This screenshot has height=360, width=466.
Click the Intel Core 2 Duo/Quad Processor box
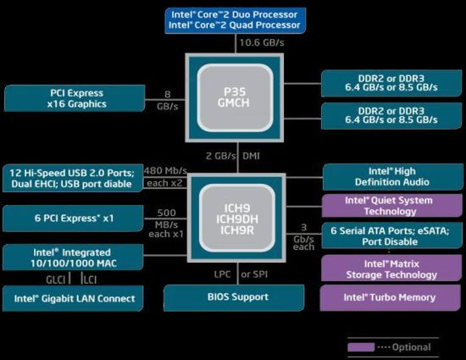(x=236, y=20)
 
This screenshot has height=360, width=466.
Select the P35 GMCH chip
(x=235, y=97)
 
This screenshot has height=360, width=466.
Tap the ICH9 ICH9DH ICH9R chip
(x=236, y=219)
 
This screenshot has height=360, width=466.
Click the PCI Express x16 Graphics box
(x=75, y=98)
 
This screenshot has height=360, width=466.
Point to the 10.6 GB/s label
(x=262, y=42)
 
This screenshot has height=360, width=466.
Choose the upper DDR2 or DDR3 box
(x=391, y=83)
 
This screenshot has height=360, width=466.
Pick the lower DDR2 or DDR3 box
(x=391, y=116)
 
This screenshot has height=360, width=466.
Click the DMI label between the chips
(x=251, y=156)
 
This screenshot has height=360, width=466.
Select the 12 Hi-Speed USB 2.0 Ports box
(x=73, y=178)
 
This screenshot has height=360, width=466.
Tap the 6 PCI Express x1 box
(x=73, y=219)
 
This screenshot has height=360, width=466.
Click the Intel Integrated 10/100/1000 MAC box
(x=73, y=258)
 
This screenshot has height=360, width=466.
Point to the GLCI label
(x=56, y=280)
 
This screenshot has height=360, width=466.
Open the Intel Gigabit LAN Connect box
(x=73, y=298)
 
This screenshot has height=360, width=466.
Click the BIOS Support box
(x=234, y=297)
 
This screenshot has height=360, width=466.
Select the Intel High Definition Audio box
(x=393, y=177)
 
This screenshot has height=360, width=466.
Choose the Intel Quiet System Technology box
(x=392, y=206)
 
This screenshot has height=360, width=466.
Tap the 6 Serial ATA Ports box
(x=392, y=235)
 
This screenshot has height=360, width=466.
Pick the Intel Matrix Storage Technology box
(x=391, y=269)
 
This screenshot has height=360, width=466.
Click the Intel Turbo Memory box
(x=390, y=298)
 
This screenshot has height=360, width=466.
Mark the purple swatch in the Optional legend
(x=361, y=347)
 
